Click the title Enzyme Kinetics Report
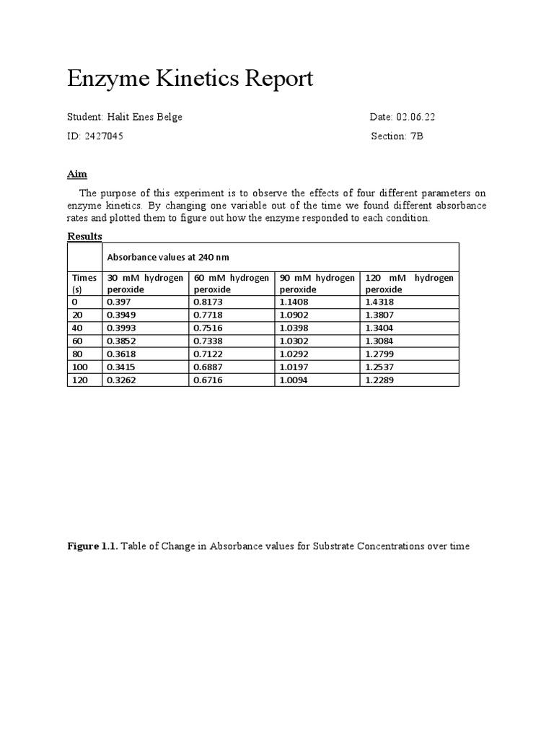pyautogui.click(x=190, y=79)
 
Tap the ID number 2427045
pyautogui.click(x=105, y=136)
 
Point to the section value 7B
pyautogui.click(x=417, y=136)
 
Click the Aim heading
pyautogui.click(x=77, y=174)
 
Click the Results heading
pyautogui.click(x=84, y=236)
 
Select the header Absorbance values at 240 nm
pyautogui.click(x=168, y=256)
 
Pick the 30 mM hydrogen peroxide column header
pyautogui.click(x=145, y=283)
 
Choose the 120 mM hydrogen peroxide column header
pyautogui.click(x=409, y=283)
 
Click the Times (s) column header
pyautogui.click(x=84, y=283)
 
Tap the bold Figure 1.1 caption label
pyautogui.click(x=92, y=546)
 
